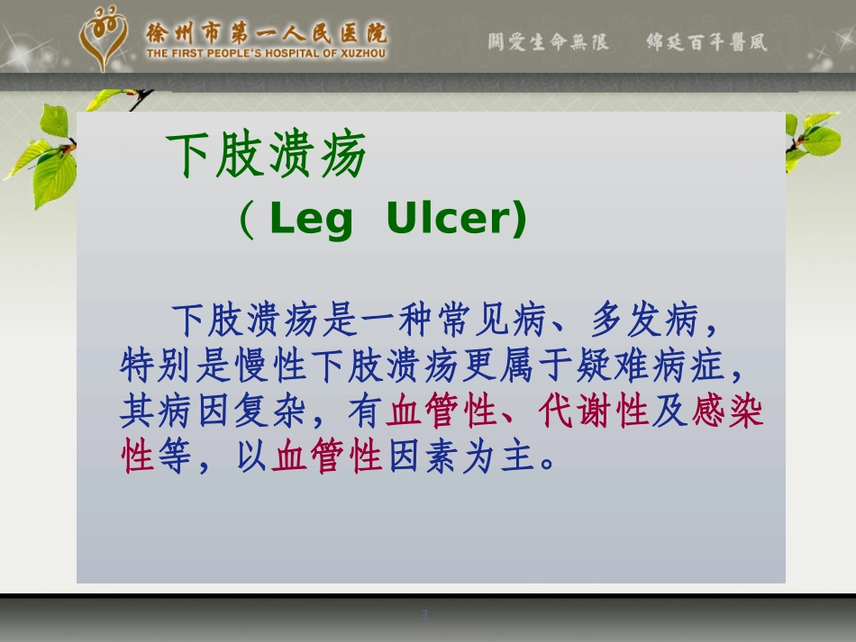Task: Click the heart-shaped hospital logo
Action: pyautogui.click(x=104, y=37)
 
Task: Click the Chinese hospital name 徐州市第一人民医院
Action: pyautogui.click(x=267, y=33)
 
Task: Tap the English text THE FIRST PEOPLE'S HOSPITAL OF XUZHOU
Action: pyautogui.click(x=266, y=53)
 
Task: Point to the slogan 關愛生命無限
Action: pyautogui.click(x=548, y=41)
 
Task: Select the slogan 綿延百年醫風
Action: pyautogui.click(x=707, y=41)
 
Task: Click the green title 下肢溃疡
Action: pyautogui.click(x=266, y=155)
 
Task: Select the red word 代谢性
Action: pyautogui.click(x=594, y=411)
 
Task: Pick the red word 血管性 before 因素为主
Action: pyautogui.click(x=326, y=456)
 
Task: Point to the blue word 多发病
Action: pyautogui.click(x=644, y=320)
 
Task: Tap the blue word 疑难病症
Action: pyautogui.click(x=651, y=365)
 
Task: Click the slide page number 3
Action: pyautogui.click(x=424, y=615)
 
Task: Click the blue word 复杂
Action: pyautogui.click(x=269, y=411)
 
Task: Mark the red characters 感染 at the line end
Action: pyautogui.click(x=727, y=411)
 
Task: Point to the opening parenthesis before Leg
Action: pyautogui.click(x=247, y=220)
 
